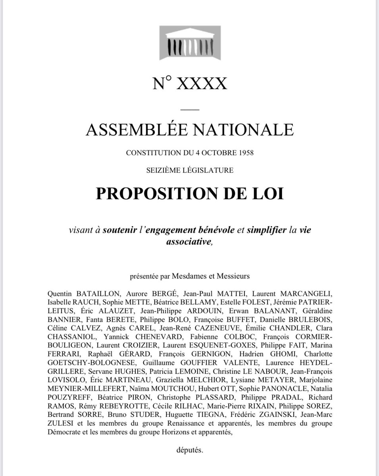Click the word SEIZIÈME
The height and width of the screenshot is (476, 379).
161,171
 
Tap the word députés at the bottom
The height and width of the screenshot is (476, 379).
190,450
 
